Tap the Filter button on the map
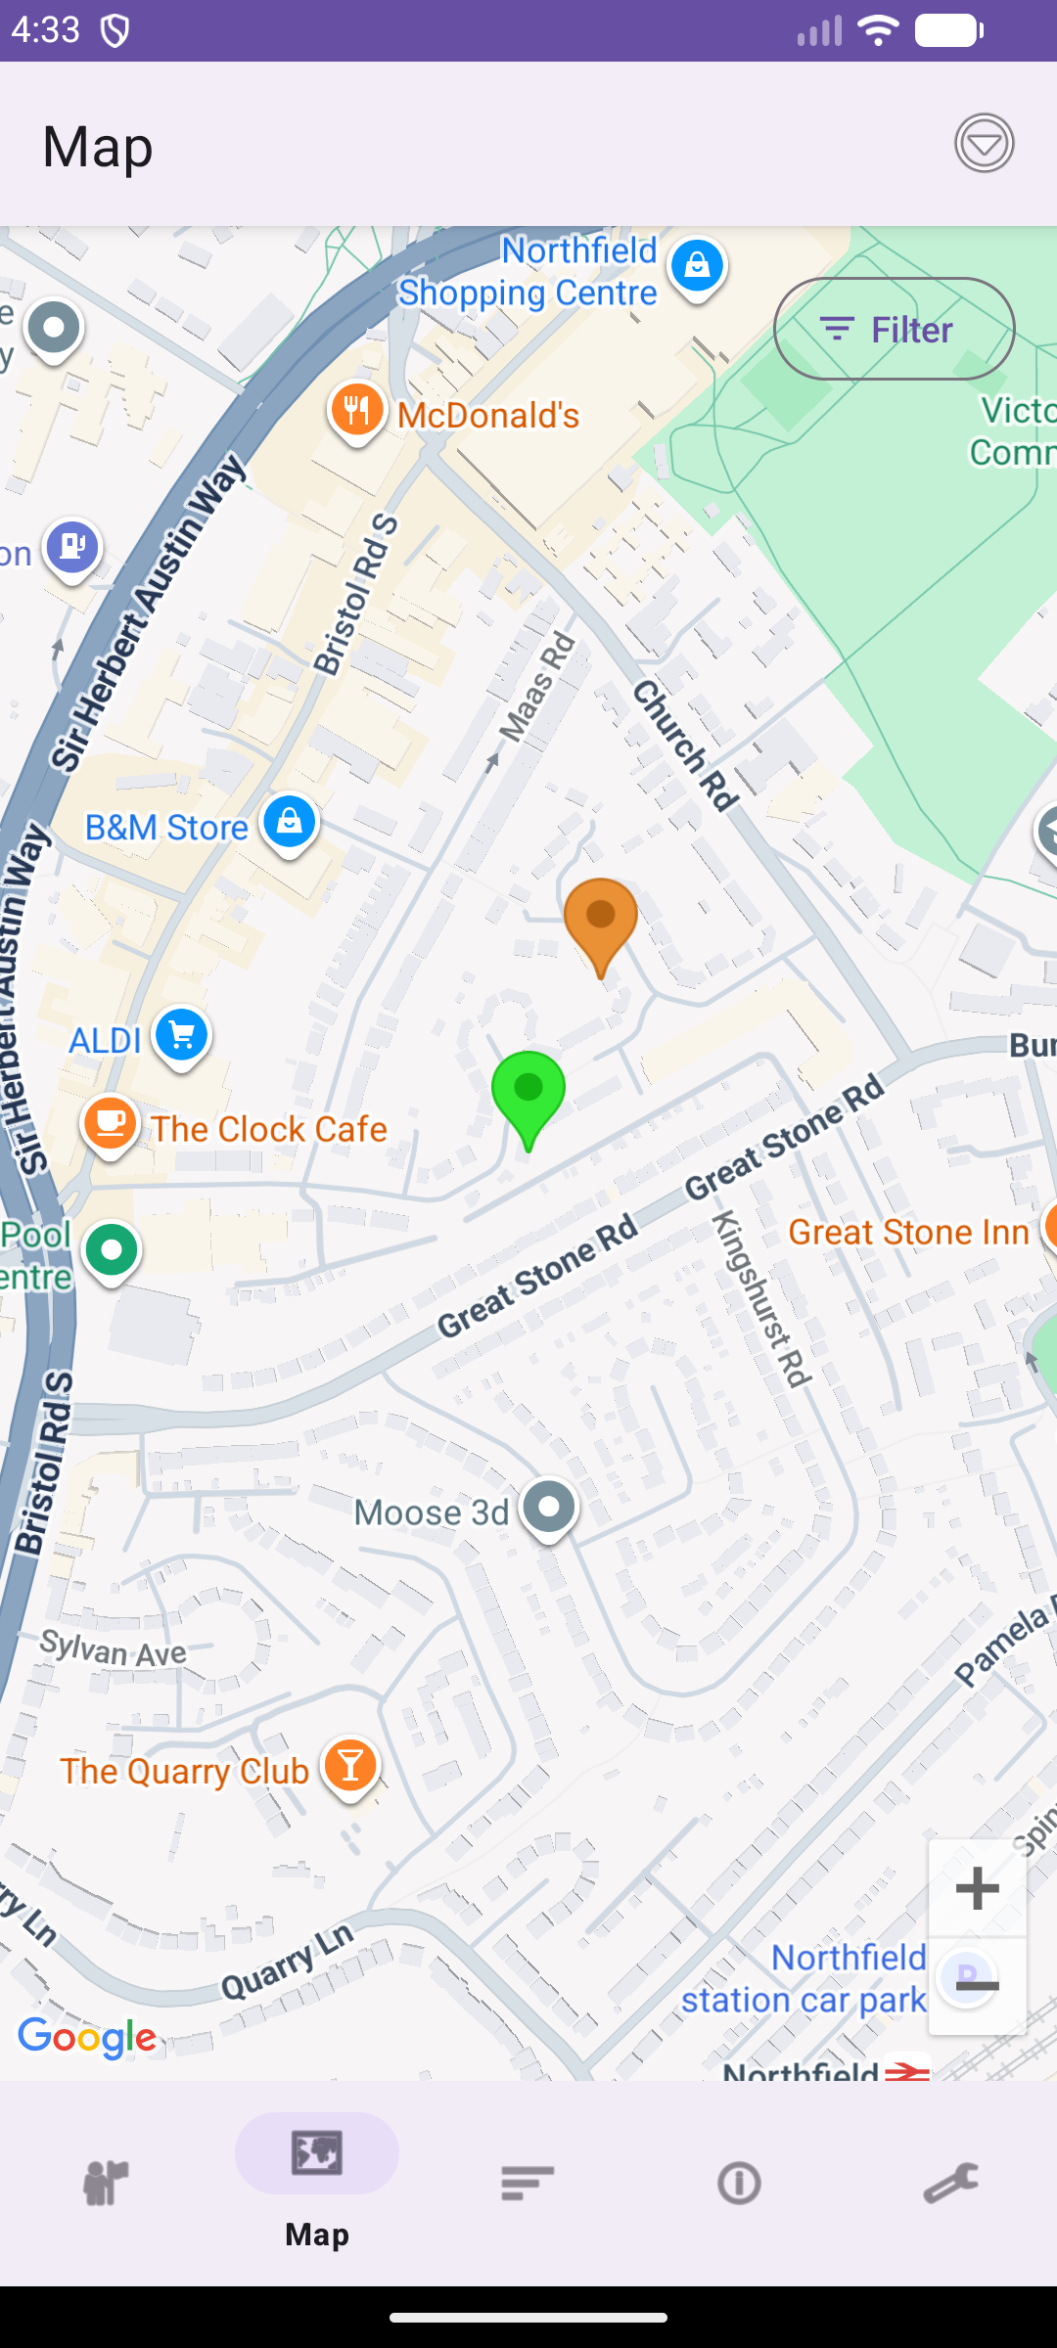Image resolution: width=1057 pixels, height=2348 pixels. click(x=894, y=330)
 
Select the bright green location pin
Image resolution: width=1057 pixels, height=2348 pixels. click(x=528, y=1090)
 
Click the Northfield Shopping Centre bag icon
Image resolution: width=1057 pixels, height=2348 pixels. click(x=697, y=266)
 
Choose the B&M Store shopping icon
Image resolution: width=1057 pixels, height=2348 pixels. click(x=290, y=822)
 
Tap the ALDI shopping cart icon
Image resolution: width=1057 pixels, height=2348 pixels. click(x=182, y=1035)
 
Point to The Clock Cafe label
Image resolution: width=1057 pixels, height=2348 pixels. click(x=268, y=1129)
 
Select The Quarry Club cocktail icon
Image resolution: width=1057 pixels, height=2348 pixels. click(x=350, y=1766)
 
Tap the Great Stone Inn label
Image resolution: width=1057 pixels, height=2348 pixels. click(x=908, y=1232)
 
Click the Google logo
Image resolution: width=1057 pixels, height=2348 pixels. click(x=87, y=2039)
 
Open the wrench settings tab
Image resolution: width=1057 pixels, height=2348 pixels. click(x=950, y=2183)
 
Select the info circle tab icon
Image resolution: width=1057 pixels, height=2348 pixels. click(x=739, y=2183)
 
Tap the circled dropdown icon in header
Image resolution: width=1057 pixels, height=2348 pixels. click(x=984, y=144)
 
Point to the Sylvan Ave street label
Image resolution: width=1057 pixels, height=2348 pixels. click(x=114, y=1649)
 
